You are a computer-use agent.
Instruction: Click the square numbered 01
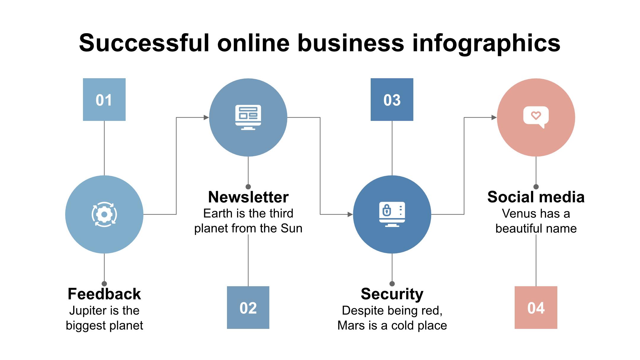pyautogui.click(x=104, y=100)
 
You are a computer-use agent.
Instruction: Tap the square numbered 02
pyautogui.click(x=248, y=308)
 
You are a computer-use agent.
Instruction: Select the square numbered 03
pyautogui.click(x=392, y=100)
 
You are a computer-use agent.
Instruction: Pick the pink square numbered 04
pyautogui.click(x=536, y=308)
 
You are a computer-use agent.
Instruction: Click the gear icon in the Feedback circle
pyautogui.click(x=104, y=215)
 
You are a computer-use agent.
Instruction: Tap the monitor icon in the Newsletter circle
pyautogui.click(x=248, y=117)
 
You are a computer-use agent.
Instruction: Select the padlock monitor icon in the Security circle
pyautogui.click(x=392, y=215)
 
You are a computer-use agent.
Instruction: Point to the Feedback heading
pyautogui.click(x=104, y=294)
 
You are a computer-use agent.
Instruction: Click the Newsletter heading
pyautogui.click(x=248, y=197)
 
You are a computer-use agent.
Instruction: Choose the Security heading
pyautogui.click(x=392, y=294)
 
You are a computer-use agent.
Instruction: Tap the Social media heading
pyautogui.click(x=536, y=197)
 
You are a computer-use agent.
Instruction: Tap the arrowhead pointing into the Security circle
pyautogui.click(x=350, y=214)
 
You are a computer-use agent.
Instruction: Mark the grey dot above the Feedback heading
pyautogui.click(x=104, y=284)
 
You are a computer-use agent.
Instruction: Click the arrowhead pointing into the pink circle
pyautogui.click(x=494, y=118)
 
